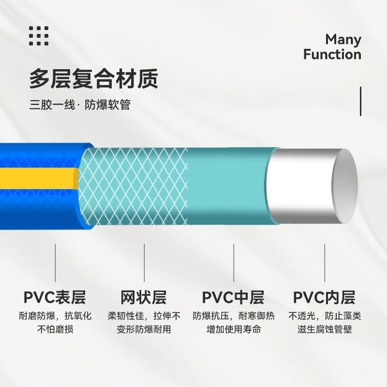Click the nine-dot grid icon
(39, 36)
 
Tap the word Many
(343, 39)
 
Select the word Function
(332, 54)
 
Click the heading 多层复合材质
(94, 79)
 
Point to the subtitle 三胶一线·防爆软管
(80, 105)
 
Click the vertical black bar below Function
(360, 101)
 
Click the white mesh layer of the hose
(133, 186)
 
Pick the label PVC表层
(55, 297)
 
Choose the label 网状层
(144, 297)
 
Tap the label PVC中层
(233, 297)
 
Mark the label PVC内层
(324, 297)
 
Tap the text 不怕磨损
(55, 330)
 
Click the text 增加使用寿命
(234, 330)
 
